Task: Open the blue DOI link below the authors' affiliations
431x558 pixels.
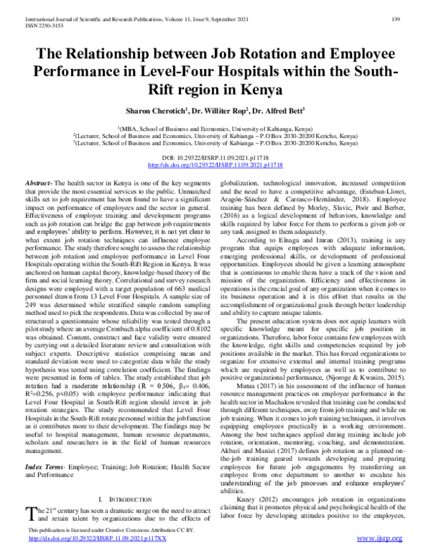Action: [x=215, y=165]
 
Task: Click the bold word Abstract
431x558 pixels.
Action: [x=37, y=185]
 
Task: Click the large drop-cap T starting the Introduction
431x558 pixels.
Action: [x=30, y=512]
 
